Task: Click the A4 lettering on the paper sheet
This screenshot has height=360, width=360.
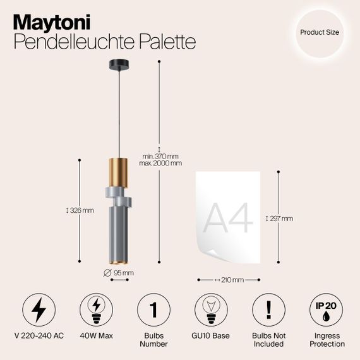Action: coord(229,219)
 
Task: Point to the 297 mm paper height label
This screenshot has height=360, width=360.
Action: coord(280,219)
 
